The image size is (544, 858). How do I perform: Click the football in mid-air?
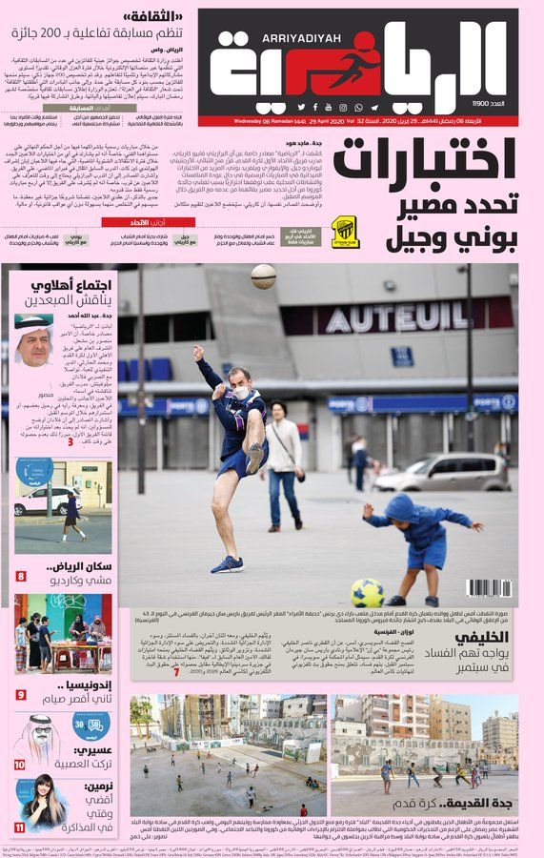tap(264, 276)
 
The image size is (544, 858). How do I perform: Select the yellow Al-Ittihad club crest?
tap(345, 231)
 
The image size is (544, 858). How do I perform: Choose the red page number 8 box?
tap(21, 577)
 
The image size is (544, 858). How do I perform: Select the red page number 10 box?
tap(20, 765)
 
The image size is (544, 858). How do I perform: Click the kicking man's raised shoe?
tap(255, 457)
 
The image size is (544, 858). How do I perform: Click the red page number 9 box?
tap(20, 694)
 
